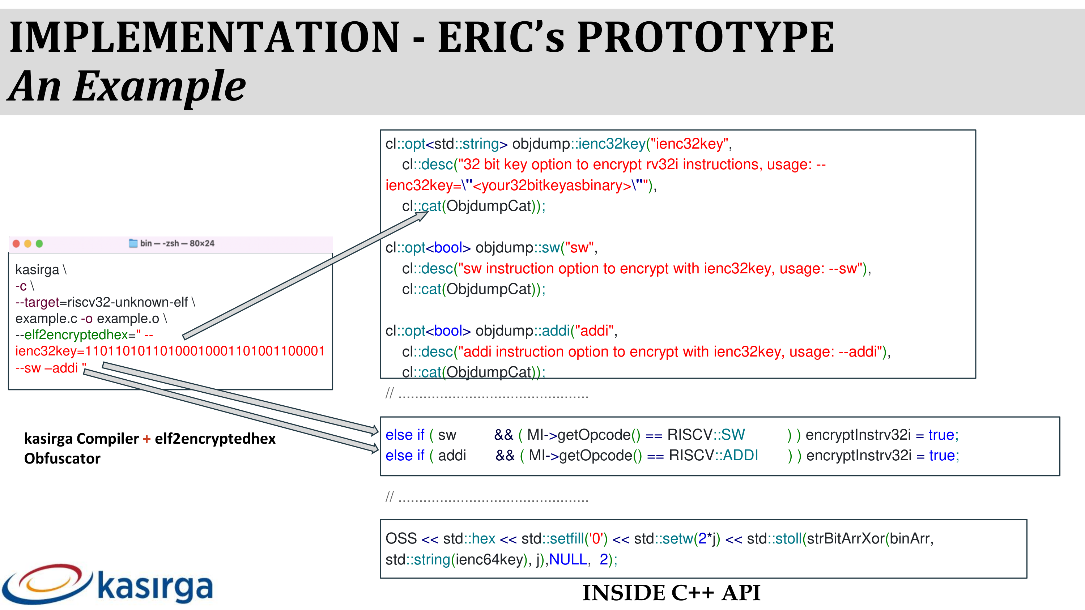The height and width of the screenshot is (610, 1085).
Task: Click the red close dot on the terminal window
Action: pos(16,243)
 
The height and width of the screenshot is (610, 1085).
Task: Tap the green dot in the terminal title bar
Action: pos(39,243)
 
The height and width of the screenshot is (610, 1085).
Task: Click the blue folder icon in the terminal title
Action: pos(133,243)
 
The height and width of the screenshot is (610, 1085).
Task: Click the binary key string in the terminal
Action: pos(205,351)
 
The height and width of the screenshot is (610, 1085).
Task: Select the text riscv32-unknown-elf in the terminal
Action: pos(128,302)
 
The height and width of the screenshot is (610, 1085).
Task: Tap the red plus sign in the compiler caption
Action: pos(146,439)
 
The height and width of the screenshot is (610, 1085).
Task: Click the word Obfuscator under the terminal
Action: pos(62,458)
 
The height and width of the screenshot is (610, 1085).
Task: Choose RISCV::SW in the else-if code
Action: pos(706,435)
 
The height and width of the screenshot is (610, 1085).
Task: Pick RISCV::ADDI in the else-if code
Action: pos(714,456)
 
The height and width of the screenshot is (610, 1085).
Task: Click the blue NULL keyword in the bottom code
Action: pos(568,559)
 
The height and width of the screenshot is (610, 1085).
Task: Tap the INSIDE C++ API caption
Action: pos(671,593)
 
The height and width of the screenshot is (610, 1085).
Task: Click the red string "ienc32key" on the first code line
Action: pos(689,144)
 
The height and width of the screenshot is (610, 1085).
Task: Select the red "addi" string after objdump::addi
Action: pos(594,331)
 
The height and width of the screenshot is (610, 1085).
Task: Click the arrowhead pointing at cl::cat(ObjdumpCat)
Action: pos(422,215)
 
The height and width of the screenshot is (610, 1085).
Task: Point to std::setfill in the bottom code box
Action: pos(553,539)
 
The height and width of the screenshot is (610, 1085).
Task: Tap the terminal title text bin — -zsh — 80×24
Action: pos(177,243)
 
